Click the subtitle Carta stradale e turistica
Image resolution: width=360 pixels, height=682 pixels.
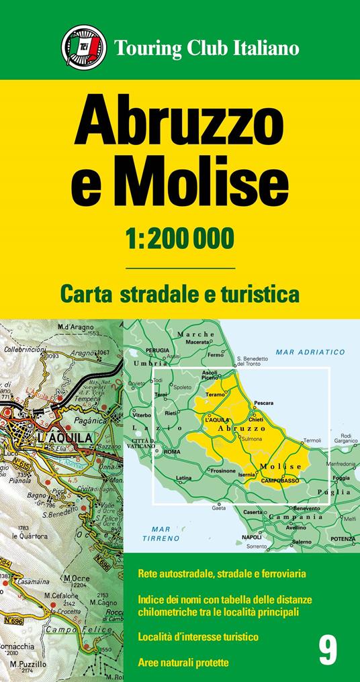click(x=179, y=293)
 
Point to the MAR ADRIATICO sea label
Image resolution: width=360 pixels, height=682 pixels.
click(x=310, y=352)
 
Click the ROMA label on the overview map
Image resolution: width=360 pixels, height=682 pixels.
click(x=172, y=452)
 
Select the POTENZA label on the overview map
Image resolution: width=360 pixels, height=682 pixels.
click(x=343, y=539)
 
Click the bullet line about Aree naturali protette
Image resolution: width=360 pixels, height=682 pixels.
click(x=183, y=663)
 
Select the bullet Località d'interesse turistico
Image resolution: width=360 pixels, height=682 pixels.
click(x=197, y=635)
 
